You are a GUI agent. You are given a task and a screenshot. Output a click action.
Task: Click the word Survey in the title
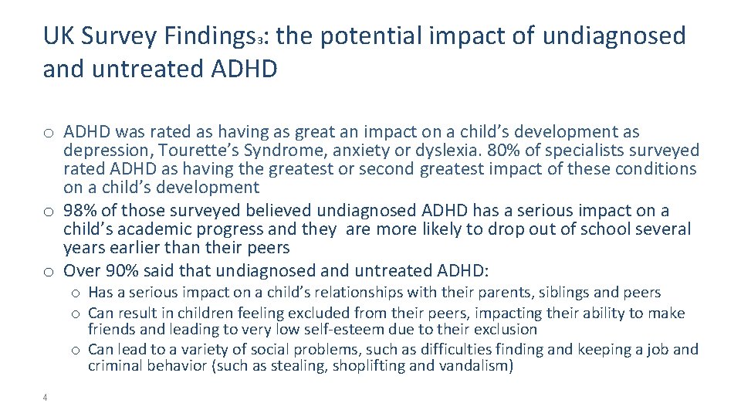tap(121, 36)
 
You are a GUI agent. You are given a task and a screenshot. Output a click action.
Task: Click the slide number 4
tap(46, 398)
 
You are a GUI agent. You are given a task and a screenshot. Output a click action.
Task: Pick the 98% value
tap(81, 211)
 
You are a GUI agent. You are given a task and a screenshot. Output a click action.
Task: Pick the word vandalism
tap(472, 366)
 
